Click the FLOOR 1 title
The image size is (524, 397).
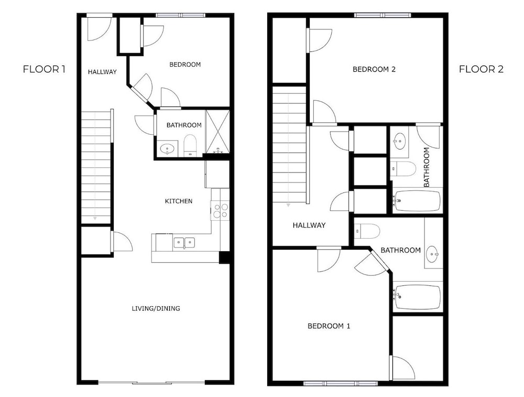[44, 69]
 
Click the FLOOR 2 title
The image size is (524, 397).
[481, 69]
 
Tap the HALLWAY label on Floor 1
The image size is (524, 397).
[102, 72]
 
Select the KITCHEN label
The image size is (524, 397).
[179, 201]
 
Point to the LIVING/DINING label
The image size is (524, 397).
[156, 308]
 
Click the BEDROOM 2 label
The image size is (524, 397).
[374, 69]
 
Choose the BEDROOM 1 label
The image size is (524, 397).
[329, 326]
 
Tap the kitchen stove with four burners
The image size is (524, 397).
[220, 210]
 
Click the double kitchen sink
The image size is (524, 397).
[184, 242]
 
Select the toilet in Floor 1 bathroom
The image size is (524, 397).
[191, 145]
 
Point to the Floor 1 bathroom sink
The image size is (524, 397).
[168, 148]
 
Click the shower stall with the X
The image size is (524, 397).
[217, 132]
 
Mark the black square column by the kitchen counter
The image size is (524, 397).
[224, 257]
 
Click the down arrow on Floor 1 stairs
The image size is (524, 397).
[95, 218]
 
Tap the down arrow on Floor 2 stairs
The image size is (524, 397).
[288, 206]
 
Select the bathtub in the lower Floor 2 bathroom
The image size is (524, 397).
[418, 297]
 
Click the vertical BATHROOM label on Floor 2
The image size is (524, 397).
[427, 167]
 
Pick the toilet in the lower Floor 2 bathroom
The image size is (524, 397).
[367, 231]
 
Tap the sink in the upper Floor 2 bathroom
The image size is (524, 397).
[399, 140]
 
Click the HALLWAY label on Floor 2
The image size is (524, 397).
[309, 226]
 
